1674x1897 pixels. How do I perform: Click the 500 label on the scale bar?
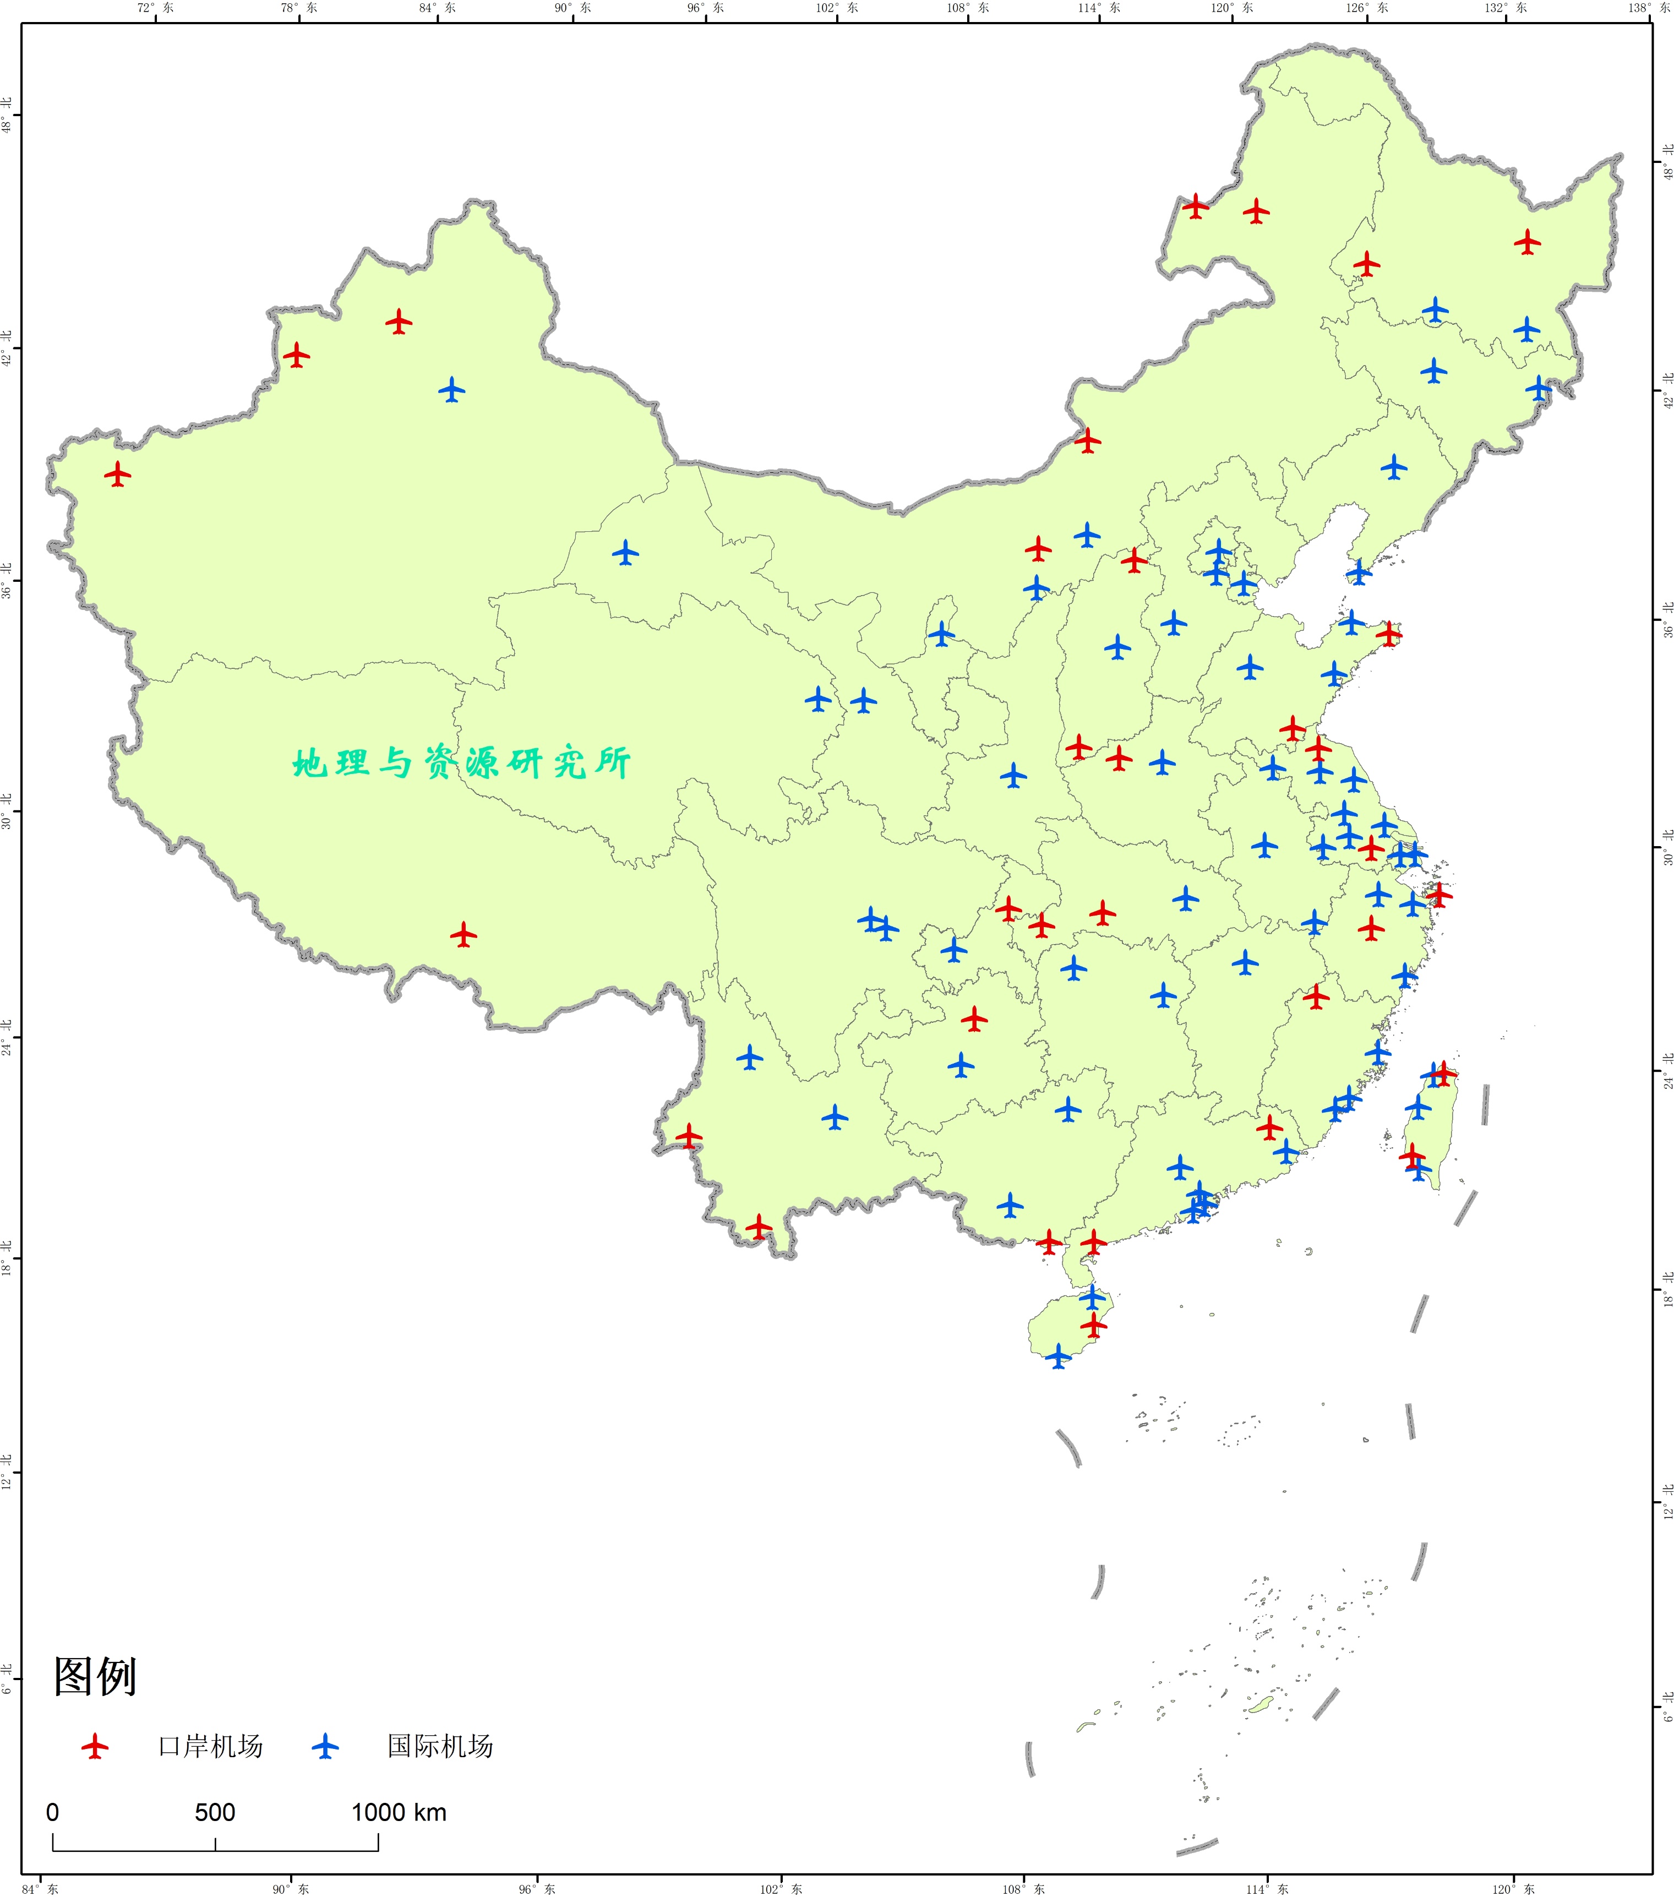(x=214, y=1813)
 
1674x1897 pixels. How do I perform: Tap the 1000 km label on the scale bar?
(x=399, y=1813)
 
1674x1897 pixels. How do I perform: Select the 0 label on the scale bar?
(x=53, y=1813)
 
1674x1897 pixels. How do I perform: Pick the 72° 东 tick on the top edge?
(x=155, y=8)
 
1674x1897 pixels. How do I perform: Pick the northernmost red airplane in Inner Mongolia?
(x=1195, y=206)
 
